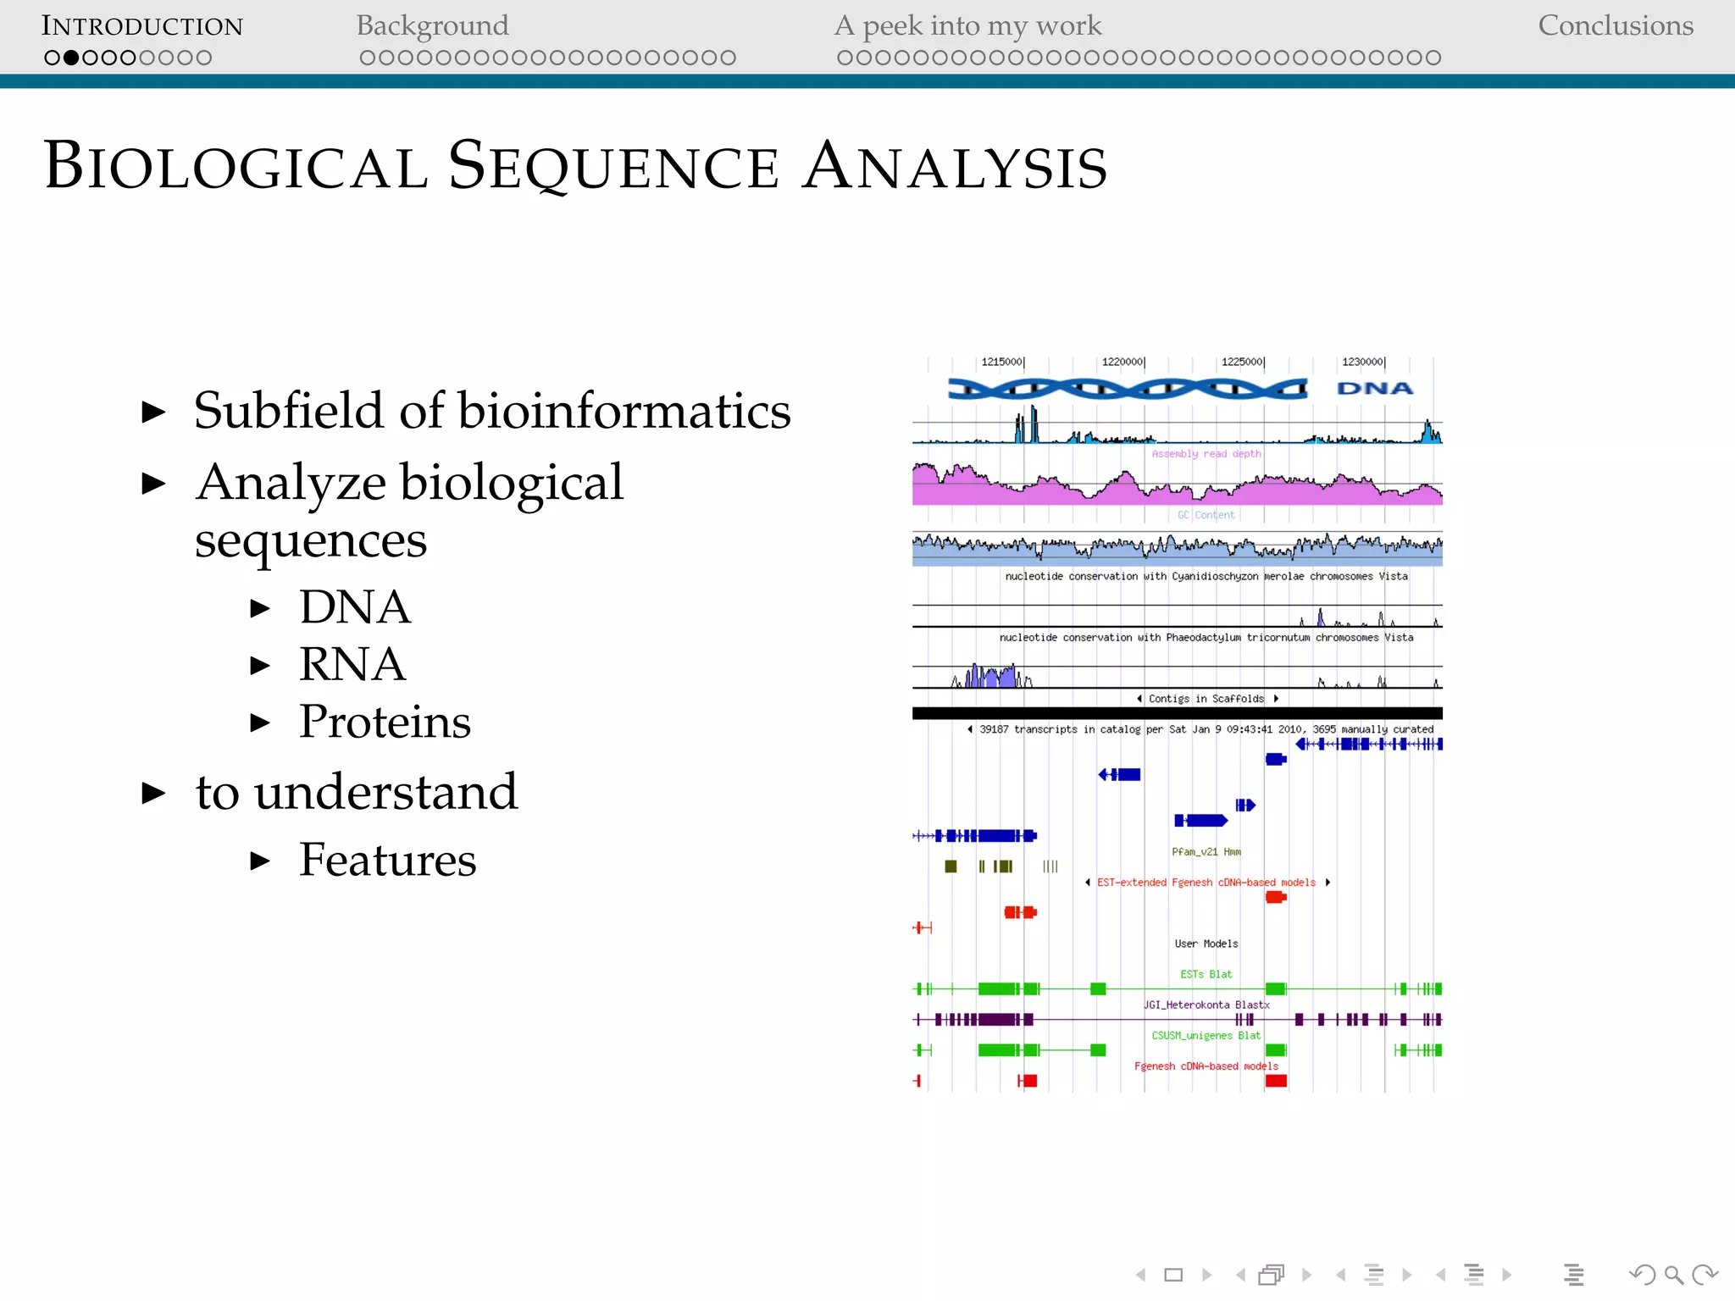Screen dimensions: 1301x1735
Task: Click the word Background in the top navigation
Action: tap(432, 25)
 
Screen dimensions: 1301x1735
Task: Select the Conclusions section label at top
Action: tap(1615, 25)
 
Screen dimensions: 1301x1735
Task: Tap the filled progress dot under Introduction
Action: tap(71, 58)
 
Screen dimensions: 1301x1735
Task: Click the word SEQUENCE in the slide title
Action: tap(613, 166)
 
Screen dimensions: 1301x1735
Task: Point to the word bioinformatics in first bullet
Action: tap(624, 411)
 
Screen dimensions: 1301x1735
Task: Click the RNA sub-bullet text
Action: tap(352, 664)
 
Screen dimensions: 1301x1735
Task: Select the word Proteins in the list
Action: tap(385, 722)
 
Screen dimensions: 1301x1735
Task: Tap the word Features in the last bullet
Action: tap(387, 860)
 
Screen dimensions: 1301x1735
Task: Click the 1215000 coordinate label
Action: tap(1002, 362)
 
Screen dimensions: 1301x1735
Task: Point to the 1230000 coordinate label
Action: tap(1362, 362)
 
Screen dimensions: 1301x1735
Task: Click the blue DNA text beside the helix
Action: tap(1375, 389)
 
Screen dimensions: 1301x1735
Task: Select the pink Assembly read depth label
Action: tap(1206, 454)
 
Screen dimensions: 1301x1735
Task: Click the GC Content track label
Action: tap(1206, 515)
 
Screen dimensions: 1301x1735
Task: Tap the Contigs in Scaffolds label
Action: tap(1206, 699)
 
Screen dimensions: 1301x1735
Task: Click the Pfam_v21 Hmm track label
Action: tap(1206, 852)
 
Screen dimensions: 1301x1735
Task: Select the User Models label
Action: tap(1206, 944)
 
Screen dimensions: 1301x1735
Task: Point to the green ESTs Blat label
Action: tap(1206, 974)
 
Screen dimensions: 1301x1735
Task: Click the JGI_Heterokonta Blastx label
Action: tap(1206, 1005)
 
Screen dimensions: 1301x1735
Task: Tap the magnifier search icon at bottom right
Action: tap(1673, 1275)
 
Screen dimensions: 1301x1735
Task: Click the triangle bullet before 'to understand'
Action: tap(153, 793)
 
